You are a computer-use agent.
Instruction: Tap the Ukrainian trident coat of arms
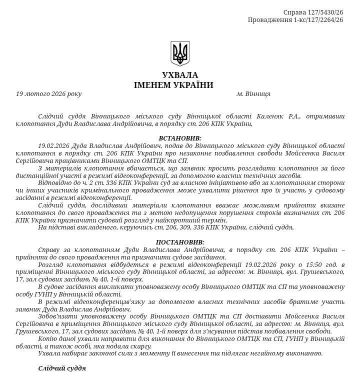(180, 53)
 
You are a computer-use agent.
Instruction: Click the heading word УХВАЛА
(180, 75)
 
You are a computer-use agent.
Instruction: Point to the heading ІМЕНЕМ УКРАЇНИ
(173, 85)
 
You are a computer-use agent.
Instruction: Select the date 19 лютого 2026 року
(48, 93)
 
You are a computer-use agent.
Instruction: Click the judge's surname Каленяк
(271, 116)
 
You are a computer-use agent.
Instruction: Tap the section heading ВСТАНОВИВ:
(180, 138)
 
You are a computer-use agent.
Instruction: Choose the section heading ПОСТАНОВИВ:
(180, 242)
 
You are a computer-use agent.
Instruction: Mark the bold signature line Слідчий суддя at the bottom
(62, 368)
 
